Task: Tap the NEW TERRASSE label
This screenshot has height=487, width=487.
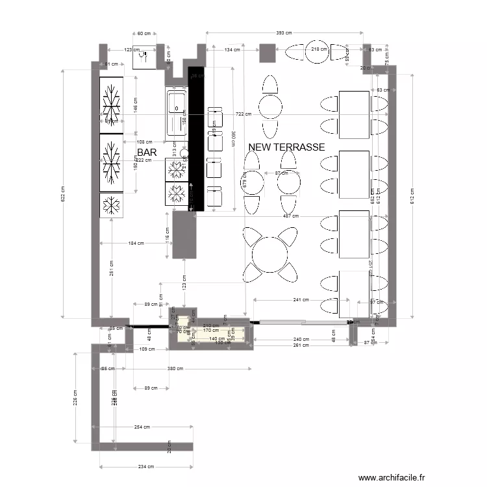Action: point(286,148)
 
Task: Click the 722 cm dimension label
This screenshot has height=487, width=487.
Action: point(243,114)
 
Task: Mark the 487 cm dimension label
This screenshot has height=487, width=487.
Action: point(290,216)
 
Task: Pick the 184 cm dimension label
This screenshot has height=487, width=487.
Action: point(135,243)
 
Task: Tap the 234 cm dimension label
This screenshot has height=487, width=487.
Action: point(147,466)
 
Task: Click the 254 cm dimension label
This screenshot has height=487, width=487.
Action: point(142,427)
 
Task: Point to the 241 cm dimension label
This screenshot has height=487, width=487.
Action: point(300,300)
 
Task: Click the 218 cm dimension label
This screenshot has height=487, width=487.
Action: point(318,49)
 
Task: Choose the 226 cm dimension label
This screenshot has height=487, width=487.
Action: point(75,401)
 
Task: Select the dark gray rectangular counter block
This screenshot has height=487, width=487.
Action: point(184,236)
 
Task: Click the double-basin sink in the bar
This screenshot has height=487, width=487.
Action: point(176,113)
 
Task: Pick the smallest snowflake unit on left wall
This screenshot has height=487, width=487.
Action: point(111,205)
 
